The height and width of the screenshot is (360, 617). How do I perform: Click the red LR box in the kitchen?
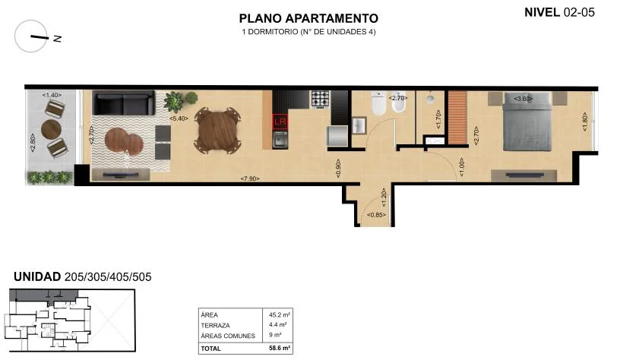click(280, 122)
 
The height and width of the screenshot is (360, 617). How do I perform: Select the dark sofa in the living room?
click(123, 103)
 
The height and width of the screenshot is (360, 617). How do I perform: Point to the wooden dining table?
click(218, 130)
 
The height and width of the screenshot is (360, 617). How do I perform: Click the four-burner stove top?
click(321, 99)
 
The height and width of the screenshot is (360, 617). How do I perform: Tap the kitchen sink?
click(280, 140)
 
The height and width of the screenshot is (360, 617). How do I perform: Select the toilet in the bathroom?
click(378, 103)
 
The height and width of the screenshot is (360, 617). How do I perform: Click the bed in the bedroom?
click(527, 122)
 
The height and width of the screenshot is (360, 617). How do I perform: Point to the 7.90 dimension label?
click(250, 178)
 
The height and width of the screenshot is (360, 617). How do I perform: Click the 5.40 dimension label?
click(179, 118)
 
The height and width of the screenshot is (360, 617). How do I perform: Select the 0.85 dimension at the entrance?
click(376, 215)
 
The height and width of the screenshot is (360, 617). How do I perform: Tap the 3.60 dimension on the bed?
click(524, 99)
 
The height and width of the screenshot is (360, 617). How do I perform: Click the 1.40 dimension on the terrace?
click(52, 95)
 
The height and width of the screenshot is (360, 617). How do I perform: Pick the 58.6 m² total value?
click(280, 348)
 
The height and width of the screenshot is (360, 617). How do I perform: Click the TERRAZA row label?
click(215, 325)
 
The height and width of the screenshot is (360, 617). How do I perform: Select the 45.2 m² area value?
click(280, 314)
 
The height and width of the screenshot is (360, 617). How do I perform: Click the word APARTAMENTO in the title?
click(332, 18)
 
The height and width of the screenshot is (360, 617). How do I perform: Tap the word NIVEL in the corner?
click(542, 12)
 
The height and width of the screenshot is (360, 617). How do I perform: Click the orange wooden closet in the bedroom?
click(457, 118)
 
